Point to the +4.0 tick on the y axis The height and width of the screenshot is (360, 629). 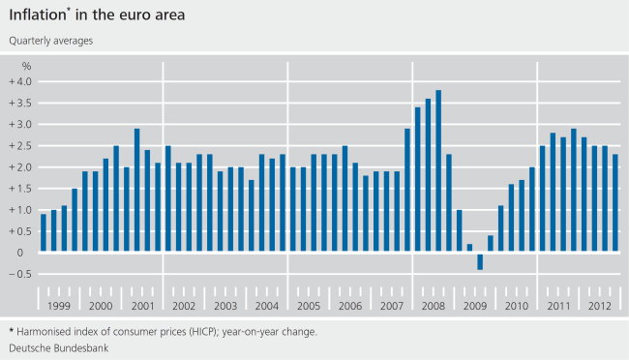click(x=22, y=81)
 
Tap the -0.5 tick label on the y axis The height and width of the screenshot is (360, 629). click(x=22, y=274)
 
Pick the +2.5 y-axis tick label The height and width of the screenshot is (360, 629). click(x=22, y=146)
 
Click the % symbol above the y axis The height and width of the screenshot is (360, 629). click(x=27, y=66)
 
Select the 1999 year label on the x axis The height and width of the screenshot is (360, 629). click(x=59, y=306)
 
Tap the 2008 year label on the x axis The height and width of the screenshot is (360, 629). click(x=433, y=306)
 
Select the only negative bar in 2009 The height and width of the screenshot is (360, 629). click(x=480, y=261)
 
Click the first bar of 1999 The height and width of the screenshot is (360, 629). click(x=44, y=233)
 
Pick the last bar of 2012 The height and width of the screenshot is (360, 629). click(x=616, y=203)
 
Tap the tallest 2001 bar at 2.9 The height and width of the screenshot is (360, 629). click(x=137, y=191)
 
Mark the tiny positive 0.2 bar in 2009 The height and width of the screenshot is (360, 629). click(x=469, y=249)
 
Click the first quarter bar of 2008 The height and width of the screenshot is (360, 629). click(x=407, y=191)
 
